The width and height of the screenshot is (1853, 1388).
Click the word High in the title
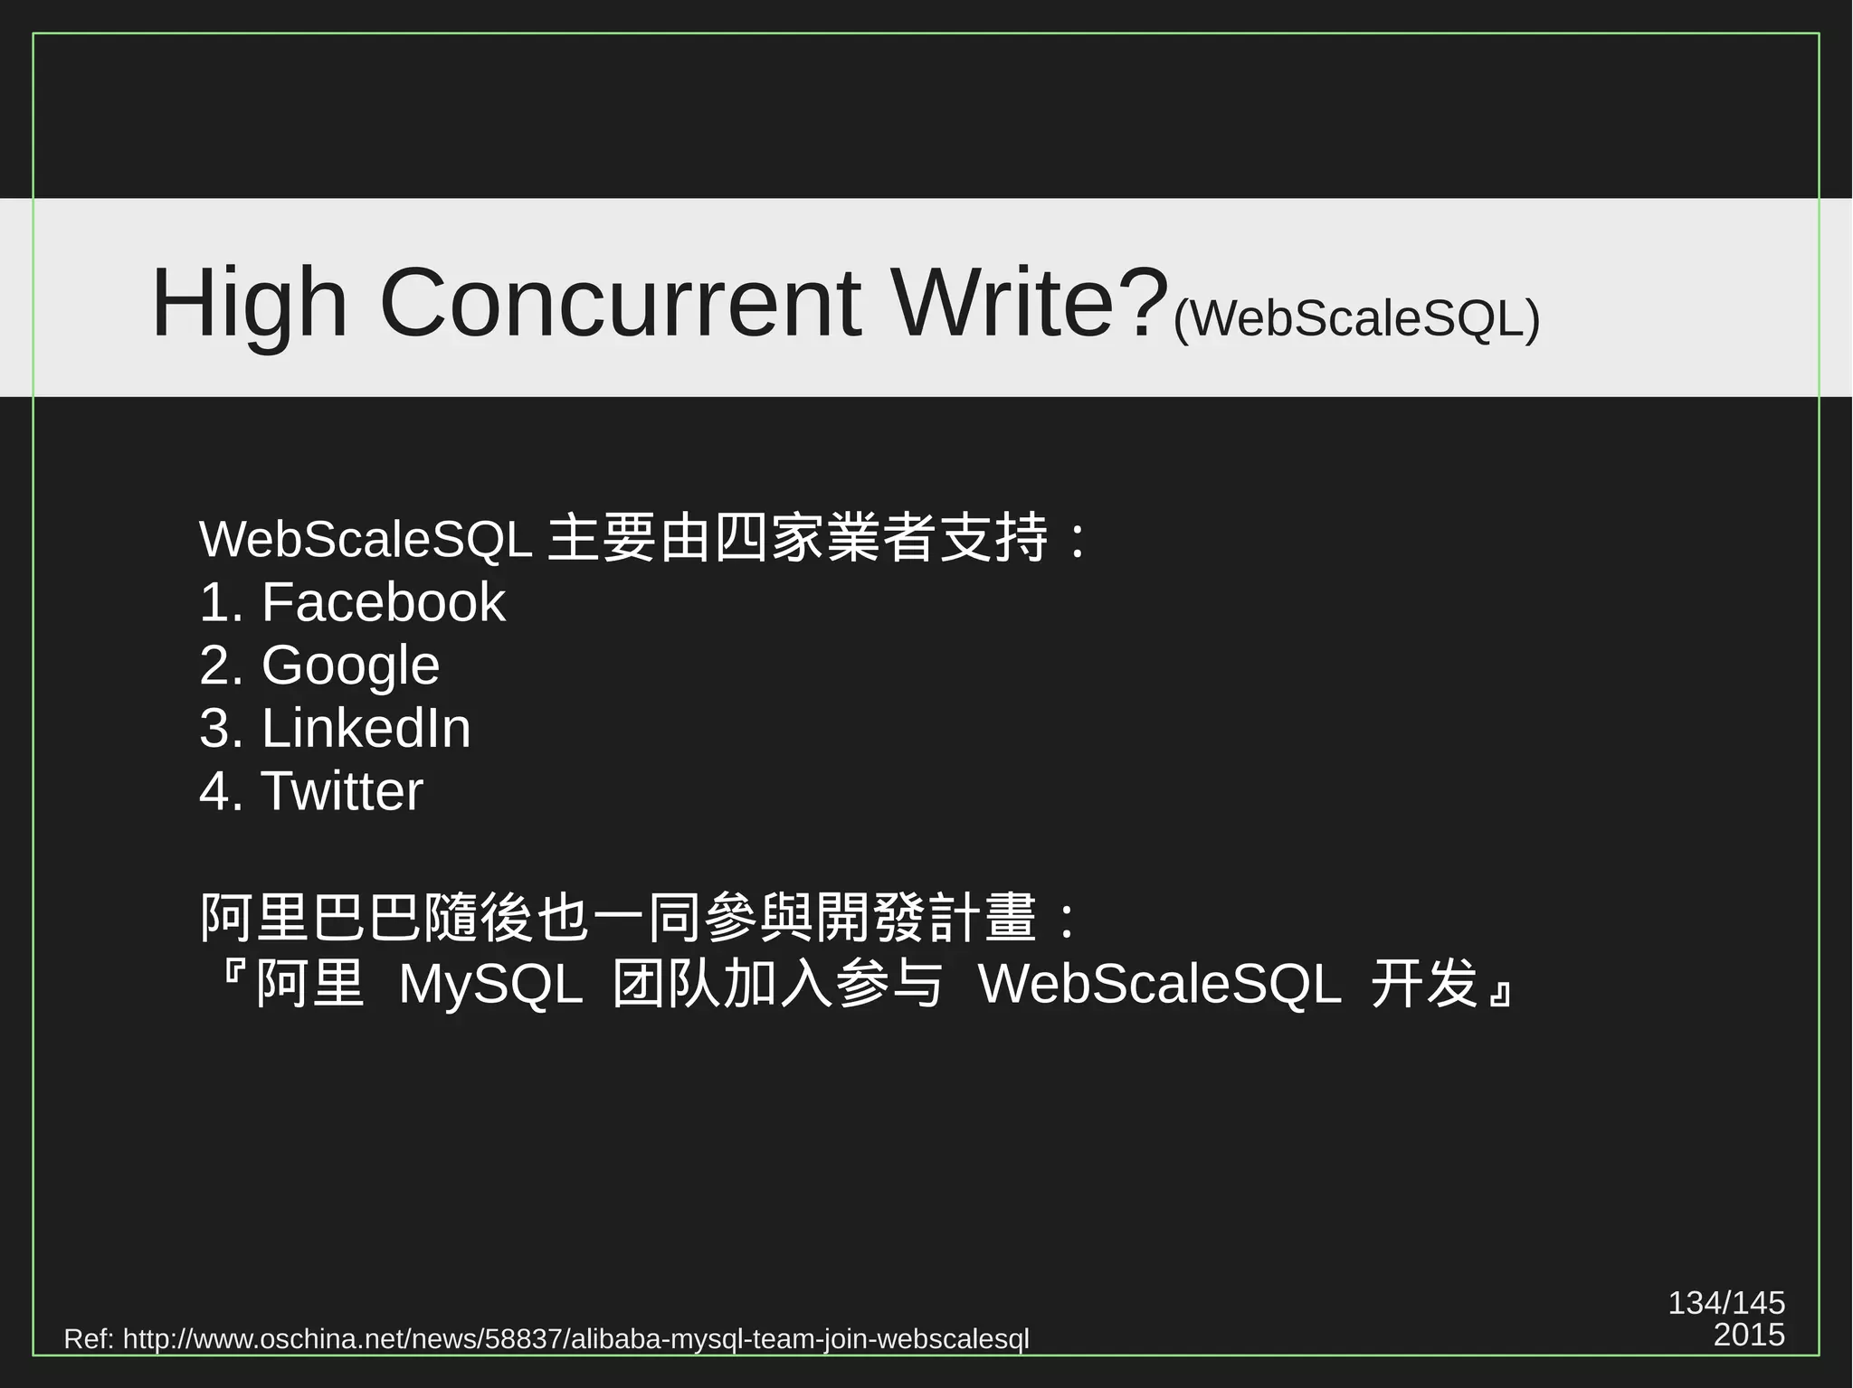(250, 303)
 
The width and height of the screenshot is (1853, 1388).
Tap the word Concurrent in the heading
(621, 303)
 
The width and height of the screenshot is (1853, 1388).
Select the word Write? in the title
(1027, 303)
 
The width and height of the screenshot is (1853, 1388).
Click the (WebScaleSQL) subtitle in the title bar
(1355, 318)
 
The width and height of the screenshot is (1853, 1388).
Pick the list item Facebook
(383, 602)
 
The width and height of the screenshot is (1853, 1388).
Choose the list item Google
(350, 666)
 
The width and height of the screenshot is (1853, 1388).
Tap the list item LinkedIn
(366, 728)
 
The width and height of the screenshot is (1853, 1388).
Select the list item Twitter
(341, 791)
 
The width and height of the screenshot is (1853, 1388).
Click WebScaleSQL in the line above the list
(365, 540)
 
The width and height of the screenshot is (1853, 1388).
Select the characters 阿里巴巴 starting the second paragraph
(309, 918)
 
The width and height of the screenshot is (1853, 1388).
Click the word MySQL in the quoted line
(490, 984)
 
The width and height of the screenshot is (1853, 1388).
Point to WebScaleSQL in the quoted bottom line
(1160, 984)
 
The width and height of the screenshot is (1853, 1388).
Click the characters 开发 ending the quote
(1424, 984)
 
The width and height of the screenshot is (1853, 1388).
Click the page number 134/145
(1726, 1302)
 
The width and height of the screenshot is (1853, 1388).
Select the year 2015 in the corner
(1749, 1335)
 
